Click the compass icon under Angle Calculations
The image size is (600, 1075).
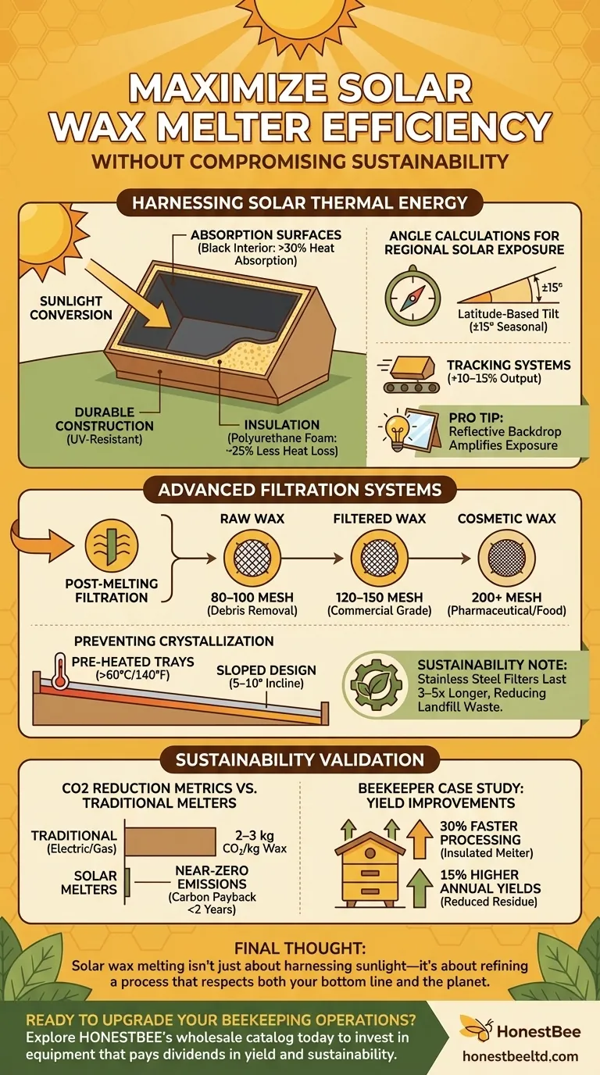tap(412, 295)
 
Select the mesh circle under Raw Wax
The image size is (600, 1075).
tap(252, 558)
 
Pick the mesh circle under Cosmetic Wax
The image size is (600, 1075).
tap(506, 558)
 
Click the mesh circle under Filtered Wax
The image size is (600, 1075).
tap(379, 558)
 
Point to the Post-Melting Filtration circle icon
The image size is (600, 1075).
tap(112, 545)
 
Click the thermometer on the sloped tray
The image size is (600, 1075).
tap(60, 670)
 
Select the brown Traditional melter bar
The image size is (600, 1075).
tap(171, 841)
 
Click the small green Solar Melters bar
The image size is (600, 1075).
tap(127, 882)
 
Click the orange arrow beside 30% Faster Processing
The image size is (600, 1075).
tap(420, 838)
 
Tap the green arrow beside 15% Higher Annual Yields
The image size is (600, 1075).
tap(420, 887)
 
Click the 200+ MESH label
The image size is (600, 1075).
tap(506, 598)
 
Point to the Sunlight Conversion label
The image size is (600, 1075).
tap(70, 308)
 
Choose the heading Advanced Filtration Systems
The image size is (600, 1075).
tap(299, 490)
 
